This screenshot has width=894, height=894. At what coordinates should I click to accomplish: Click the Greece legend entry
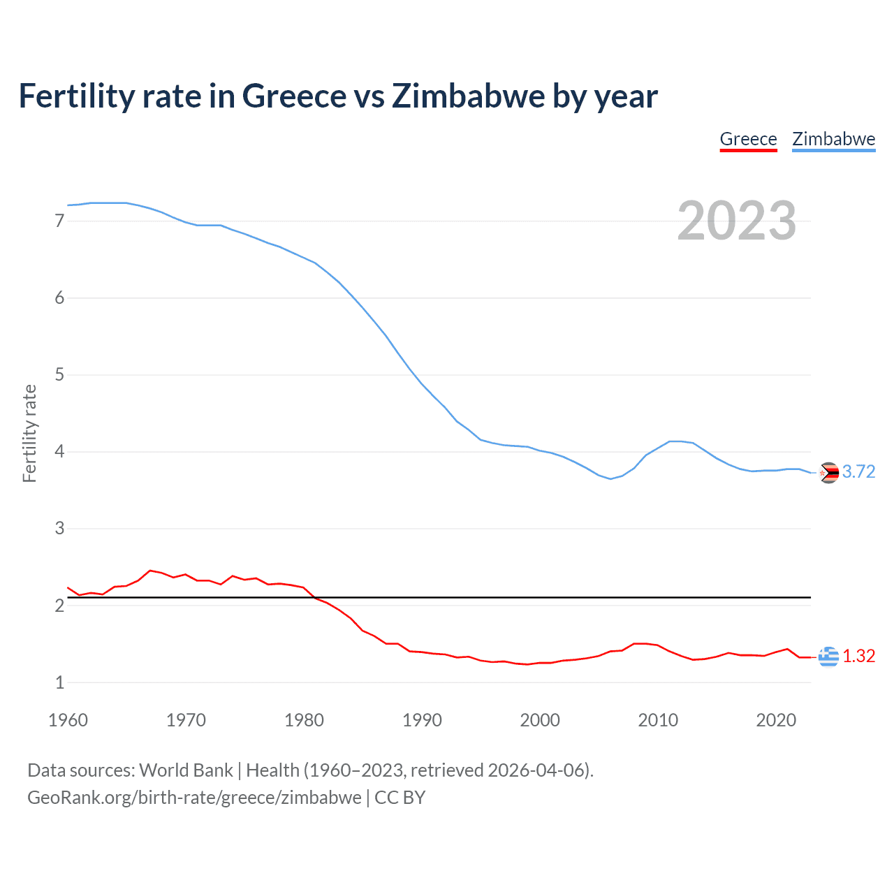748,139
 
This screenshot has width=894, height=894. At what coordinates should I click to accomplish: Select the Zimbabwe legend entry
833,139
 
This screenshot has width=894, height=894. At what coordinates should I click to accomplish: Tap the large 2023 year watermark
736,221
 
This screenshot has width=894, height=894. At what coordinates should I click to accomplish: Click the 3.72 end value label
858,472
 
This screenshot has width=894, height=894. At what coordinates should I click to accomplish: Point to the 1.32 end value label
858,657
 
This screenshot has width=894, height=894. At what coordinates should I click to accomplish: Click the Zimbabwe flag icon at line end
828,473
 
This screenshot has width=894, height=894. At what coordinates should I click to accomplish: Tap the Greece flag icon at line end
828,657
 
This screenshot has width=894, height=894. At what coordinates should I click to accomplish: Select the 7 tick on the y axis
59,221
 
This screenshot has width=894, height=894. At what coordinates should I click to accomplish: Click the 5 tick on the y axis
59,375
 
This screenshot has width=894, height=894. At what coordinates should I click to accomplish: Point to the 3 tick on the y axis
59,529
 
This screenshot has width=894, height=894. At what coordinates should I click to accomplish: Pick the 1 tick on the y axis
59,682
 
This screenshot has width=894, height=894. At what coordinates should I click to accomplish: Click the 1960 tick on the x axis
68,720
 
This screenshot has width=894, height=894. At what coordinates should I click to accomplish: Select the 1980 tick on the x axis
304,720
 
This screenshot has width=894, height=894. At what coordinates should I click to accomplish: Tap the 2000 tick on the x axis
540,720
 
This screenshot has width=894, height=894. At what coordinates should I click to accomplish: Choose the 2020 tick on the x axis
776,720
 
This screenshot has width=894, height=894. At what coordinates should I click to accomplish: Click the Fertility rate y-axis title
29,433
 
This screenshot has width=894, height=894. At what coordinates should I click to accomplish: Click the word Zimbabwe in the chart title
468,96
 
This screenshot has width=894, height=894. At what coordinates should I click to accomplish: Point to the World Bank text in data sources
186,770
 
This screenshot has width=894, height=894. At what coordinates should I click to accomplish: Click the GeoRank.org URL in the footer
194,798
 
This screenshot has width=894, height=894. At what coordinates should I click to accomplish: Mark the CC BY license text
400,798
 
